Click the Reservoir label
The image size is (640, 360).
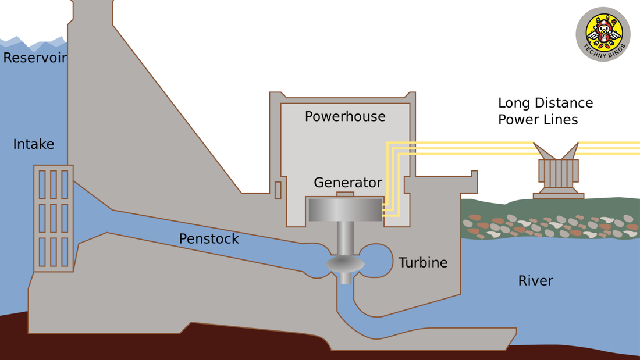(35, 58)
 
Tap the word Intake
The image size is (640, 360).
(34, 144)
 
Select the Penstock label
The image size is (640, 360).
(209, 239)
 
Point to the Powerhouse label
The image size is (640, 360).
(345, 116)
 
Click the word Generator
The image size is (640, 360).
(348, 183)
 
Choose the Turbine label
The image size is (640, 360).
(423, 263)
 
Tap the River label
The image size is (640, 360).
(535, 281)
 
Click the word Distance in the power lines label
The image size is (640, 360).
(565, 103)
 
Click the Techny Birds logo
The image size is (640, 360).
(603, 34)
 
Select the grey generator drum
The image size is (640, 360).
(345, 210)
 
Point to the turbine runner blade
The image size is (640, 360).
(345, 265)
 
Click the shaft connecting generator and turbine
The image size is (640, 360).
(345, 237)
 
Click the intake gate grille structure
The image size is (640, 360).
(54, 218)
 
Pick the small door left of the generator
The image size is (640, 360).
(278, 190)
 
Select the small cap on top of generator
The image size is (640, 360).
(345, 194)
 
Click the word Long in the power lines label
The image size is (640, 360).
(515, 103)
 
